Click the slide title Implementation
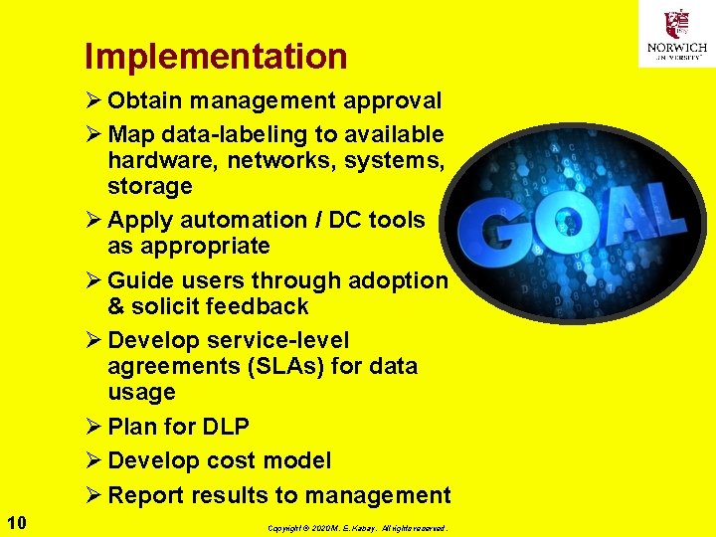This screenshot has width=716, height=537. coord(216,57)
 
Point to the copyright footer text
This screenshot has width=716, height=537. coord(357,527)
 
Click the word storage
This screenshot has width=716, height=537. coord(150,186)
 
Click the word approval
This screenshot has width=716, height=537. coord(393,100)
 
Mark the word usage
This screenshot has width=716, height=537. coord(141,392)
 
